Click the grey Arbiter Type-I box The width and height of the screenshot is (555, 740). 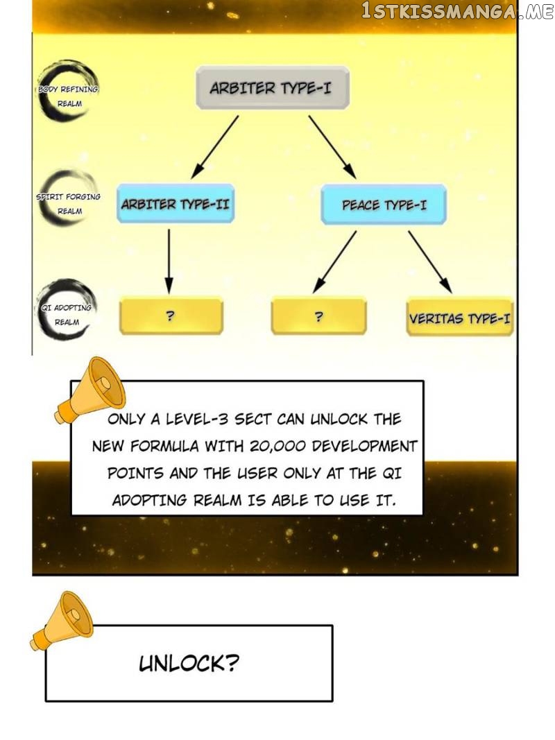273,88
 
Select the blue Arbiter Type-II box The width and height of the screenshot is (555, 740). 176,204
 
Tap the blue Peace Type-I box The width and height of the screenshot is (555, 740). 384,205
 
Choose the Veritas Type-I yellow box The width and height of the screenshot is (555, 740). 460,317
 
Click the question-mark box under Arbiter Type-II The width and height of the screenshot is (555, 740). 171,316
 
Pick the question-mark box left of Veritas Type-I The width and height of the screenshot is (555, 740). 319,316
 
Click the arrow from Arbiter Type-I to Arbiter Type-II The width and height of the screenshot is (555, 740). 215,147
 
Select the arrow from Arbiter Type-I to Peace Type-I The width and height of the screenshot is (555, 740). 332,147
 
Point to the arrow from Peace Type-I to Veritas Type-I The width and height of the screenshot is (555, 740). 430,262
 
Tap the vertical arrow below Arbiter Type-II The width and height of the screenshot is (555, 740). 169,261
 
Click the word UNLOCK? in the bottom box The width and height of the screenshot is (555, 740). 189,663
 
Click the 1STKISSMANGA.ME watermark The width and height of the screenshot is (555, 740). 457,11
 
